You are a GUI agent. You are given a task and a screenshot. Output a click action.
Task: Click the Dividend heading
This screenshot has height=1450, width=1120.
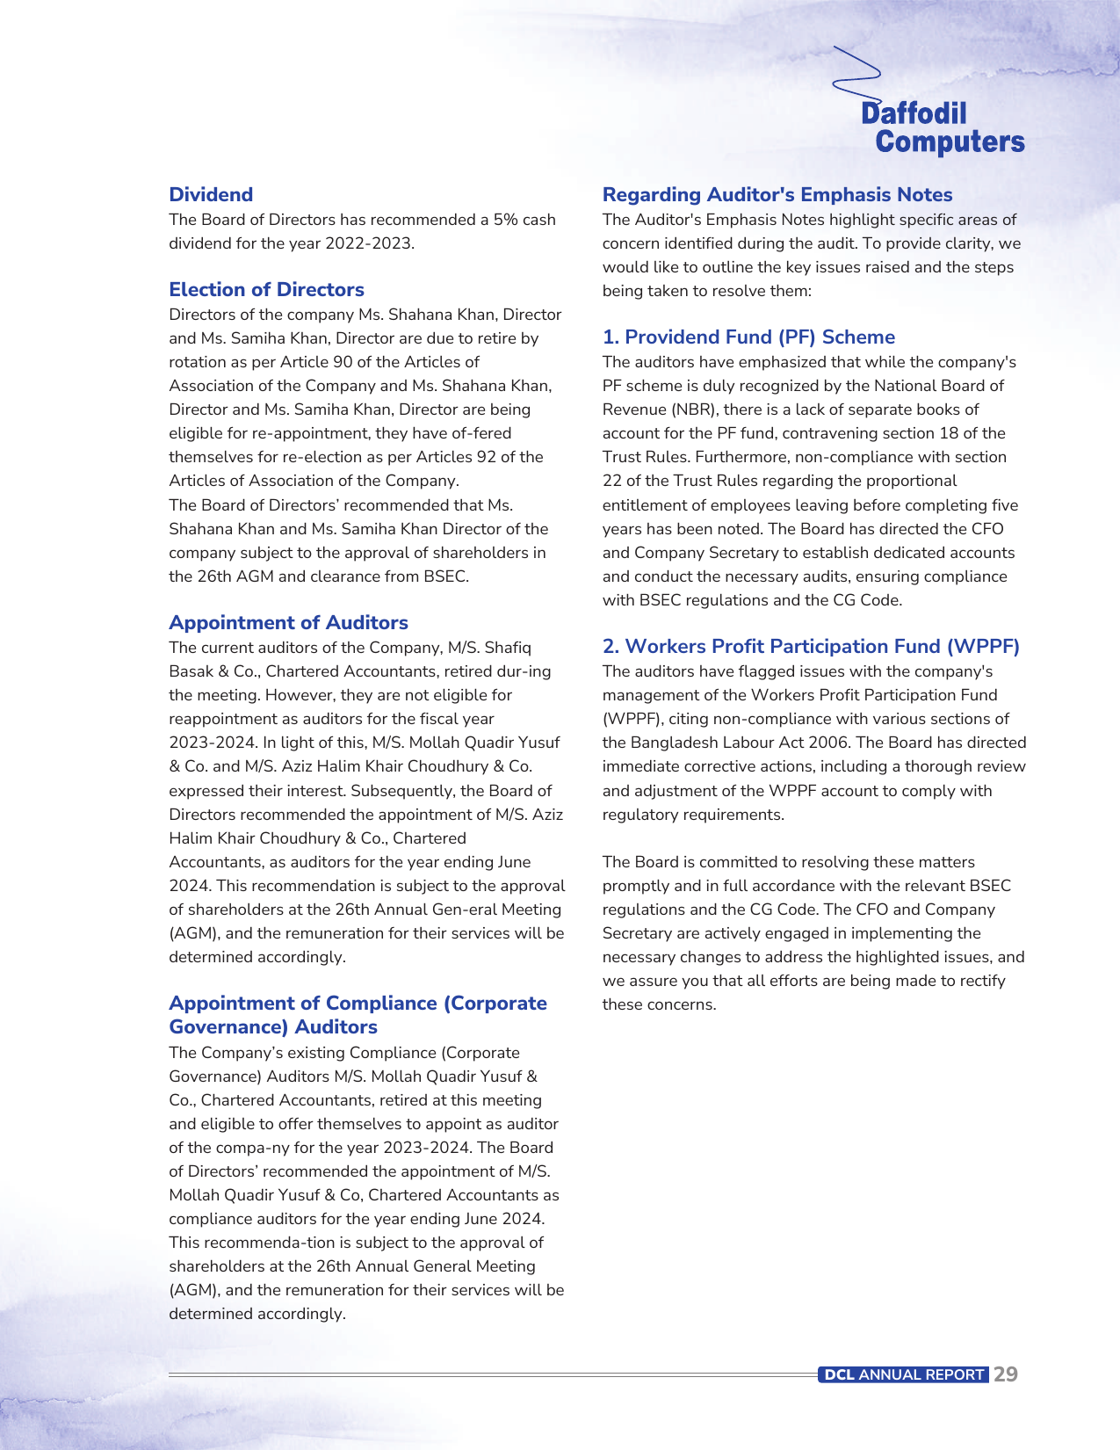(x=211, y=195)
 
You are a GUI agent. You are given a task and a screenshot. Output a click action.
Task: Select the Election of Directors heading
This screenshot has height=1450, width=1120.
(x=266, y=290)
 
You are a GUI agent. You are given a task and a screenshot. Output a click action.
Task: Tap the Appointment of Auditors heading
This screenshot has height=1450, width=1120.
(x=288, y=623)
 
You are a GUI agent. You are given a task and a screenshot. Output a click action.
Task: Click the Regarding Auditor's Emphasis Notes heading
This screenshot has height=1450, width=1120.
(x=777, y=195)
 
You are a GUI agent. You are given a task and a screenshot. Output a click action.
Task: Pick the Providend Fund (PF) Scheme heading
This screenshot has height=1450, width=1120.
(x=748, y=337)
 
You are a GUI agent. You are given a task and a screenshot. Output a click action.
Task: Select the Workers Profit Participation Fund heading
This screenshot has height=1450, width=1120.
(x=811, y=647)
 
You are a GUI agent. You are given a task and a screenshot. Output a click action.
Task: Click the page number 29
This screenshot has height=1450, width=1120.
(x=1006, y=1374)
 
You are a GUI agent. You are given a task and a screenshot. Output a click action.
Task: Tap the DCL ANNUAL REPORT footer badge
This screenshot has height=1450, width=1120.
(x=903, y=1374)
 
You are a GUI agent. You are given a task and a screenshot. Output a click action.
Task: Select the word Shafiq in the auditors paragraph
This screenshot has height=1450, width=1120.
(x=508, y=648)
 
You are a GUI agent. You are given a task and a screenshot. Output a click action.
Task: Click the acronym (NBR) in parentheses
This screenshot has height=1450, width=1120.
(x=695, y=410)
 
